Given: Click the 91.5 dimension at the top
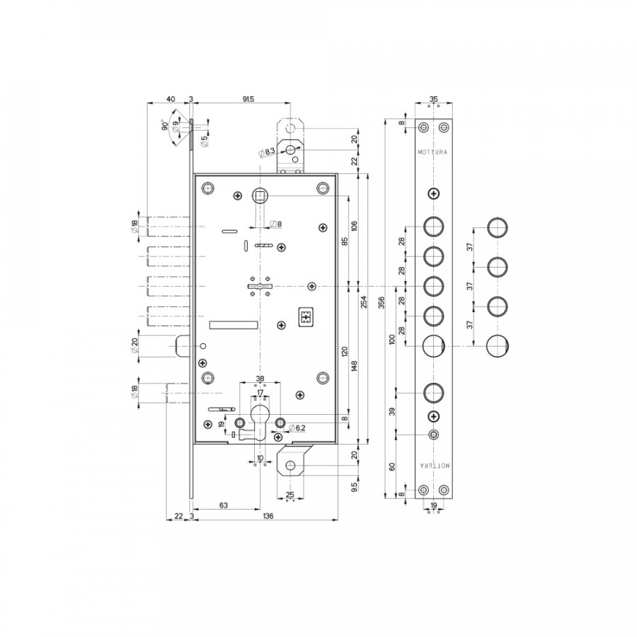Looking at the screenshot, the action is click(x=248, y=99).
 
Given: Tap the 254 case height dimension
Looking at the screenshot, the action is click(x=364, y=302).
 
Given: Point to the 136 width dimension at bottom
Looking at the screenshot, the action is click(x=268, y=516).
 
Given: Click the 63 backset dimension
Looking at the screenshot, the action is click(x=224, y=505).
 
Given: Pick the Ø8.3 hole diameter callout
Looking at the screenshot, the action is click(x=267, y=152).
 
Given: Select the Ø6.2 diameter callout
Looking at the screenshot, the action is click(x=297, y=427).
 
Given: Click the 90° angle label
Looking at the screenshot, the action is click(x=165, y=125).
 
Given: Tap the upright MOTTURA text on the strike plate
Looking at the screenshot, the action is click(x=432, y=152).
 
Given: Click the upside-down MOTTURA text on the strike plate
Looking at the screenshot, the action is click(x=435, y=466).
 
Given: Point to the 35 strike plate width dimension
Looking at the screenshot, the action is click(x=434, y=99).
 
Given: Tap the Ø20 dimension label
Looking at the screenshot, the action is click(x=134, y=345).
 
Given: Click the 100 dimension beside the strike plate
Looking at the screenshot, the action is click(x=392, y=339).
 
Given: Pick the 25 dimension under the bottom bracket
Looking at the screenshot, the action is click(x=289, y=495).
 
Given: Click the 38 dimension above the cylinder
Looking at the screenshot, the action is click(x=260, y=379).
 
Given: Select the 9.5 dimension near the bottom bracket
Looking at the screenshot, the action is click(x=355, y=487).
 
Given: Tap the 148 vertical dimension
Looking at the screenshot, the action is click(x=355, y=366).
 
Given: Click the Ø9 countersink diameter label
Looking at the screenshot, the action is click(x=175, y=127).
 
